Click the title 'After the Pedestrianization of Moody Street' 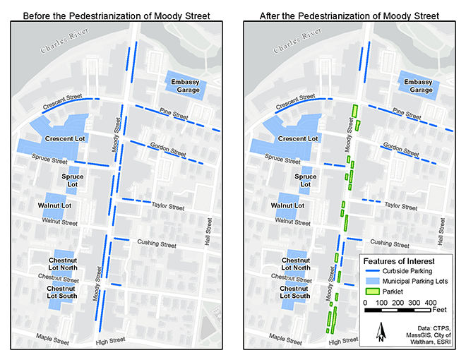[x=349, y=15]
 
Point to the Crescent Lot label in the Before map [x=66, y=139]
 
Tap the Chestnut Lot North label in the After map [x=291, y=263]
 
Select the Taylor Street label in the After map [x=401, y=207]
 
